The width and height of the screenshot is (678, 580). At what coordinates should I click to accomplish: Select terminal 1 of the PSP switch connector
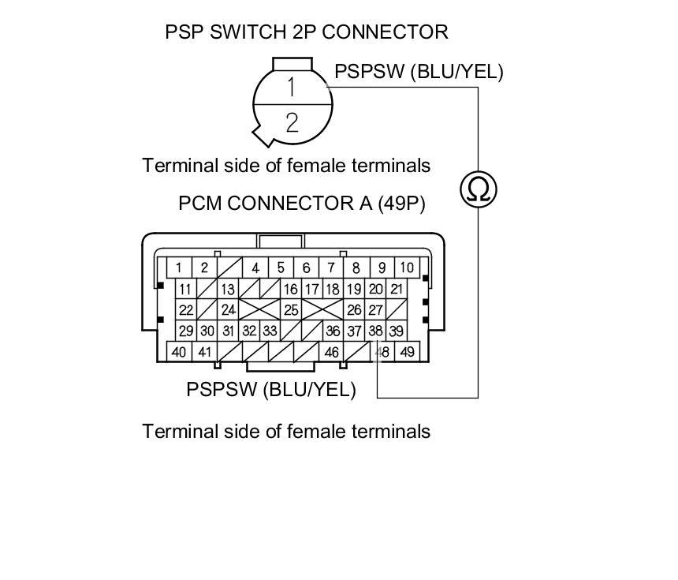tap(292, 87)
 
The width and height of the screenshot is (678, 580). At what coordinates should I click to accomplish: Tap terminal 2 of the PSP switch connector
tap(292, 122)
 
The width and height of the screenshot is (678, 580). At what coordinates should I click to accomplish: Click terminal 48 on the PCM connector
tap(383, 352)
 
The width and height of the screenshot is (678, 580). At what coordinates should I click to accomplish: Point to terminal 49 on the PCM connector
tap(407, 352)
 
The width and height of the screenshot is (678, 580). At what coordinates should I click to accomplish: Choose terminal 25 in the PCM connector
tap(291, 310)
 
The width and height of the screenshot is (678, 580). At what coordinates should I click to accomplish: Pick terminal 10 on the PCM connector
tap(406, 268)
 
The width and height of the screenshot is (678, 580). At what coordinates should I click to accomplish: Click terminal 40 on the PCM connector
tap(179, 352)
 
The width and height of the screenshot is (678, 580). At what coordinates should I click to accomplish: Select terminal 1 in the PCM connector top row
tap(179, 268)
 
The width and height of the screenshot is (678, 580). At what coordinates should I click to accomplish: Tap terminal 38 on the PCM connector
tap(376, 331)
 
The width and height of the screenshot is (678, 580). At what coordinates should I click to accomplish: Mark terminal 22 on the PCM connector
tap(186, 310)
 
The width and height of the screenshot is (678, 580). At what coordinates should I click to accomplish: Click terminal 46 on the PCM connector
tap(332, 352)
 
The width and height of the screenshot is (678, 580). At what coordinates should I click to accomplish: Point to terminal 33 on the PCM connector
tap(270, 331)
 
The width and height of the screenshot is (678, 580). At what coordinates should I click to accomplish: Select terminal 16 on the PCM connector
tap(291, 290)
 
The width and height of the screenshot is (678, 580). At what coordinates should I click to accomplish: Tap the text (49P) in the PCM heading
tap(401, 204)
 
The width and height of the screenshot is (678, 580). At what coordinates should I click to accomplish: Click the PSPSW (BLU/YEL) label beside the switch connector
tap(419, 72)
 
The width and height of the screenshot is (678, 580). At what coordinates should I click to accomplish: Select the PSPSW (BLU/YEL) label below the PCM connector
tap(270, 390)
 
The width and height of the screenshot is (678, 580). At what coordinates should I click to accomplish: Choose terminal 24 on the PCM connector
tap(228, 310)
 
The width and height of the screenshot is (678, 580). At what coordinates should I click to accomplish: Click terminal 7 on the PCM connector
tap(332, 268)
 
